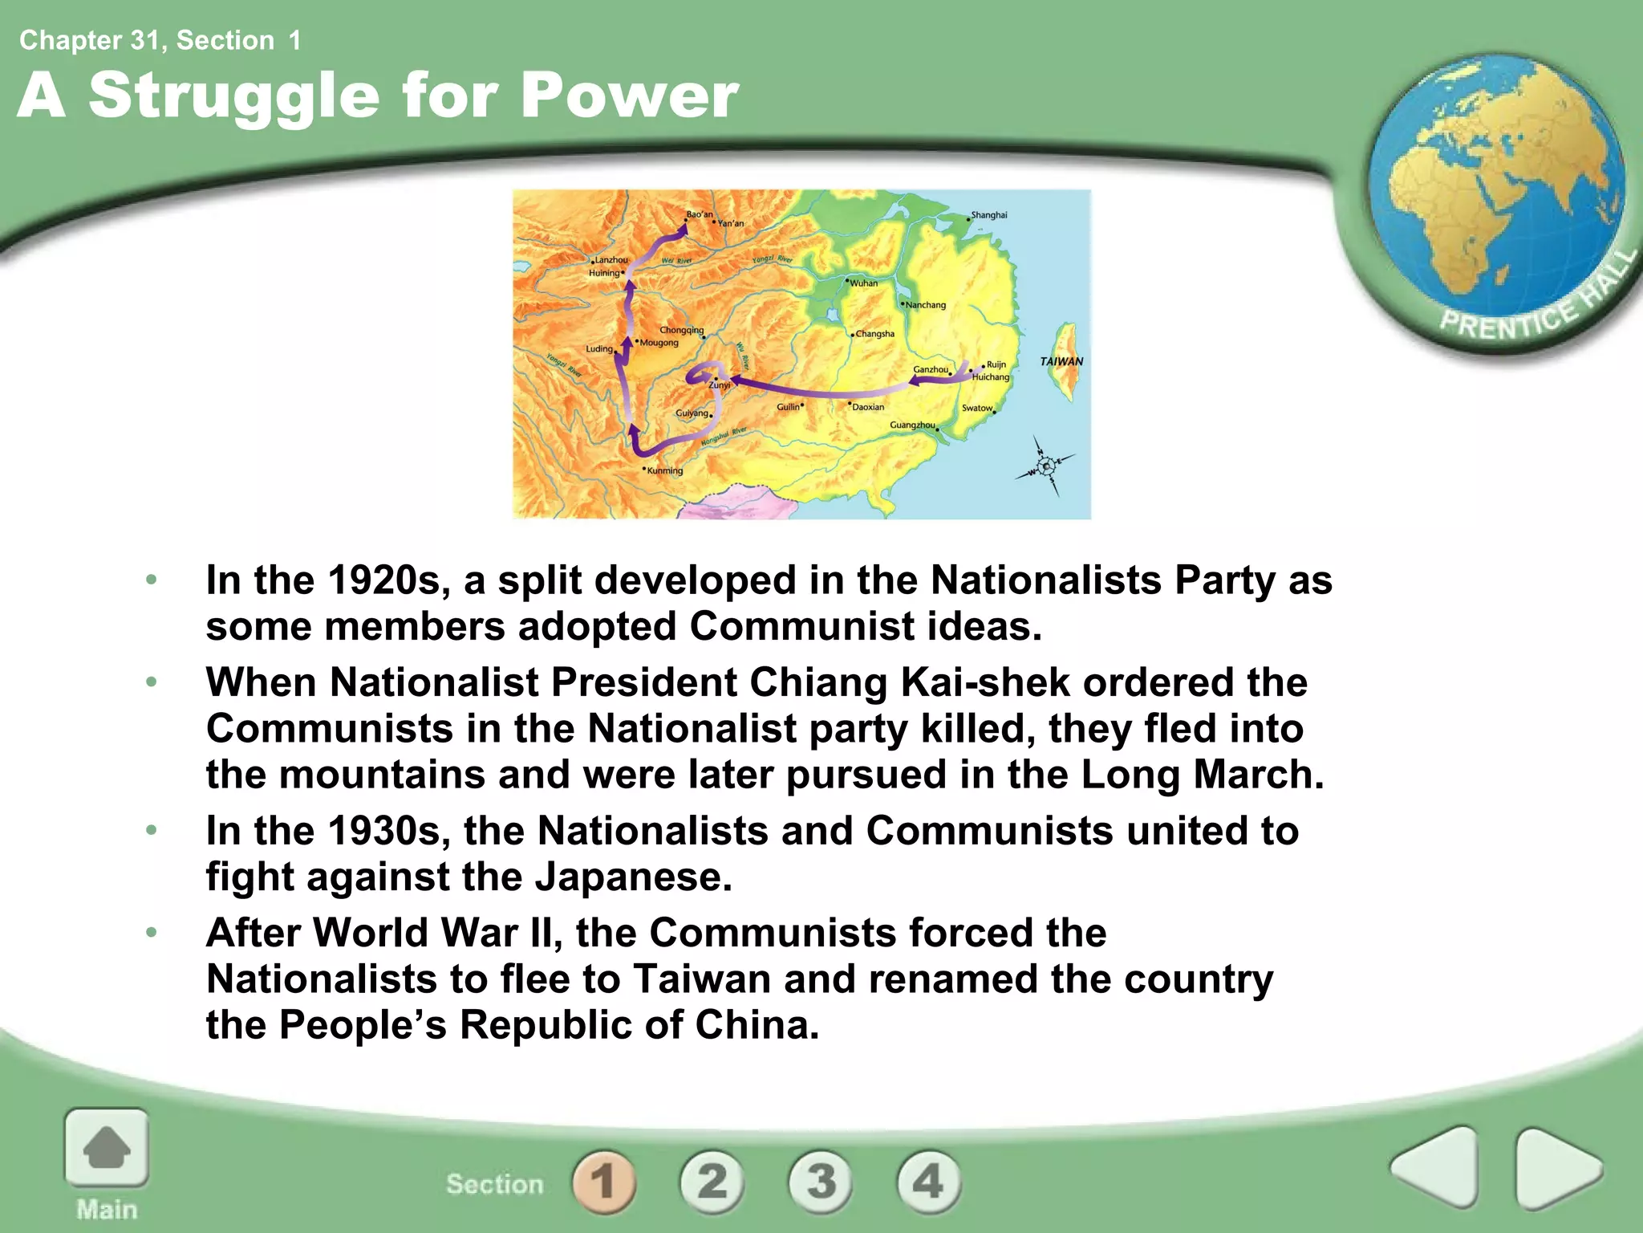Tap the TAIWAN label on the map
click(x=1061, y=361)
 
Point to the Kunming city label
click(x=665, y=470)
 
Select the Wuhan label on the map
click(x=864, y=283)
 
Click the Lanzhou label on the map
click(x=611, y=260)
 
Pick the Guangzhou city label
click(x=912, y=425)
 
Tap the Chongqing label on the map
click(x=681, y=330)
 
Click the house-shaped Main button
click(x=107, y=1149)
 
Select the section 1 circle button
click(x=604, y=1182)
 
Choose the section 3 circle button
click(x=821, y=1182)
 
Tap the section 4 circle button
click(x=928, y=1182)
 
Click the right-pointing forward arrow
click(x=1556, y=1167)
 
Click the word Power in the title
click(x=629, y=96)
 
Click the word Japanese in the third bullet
click(x=633, y=877)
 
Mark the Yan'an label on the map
click(x=731, y=223)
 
